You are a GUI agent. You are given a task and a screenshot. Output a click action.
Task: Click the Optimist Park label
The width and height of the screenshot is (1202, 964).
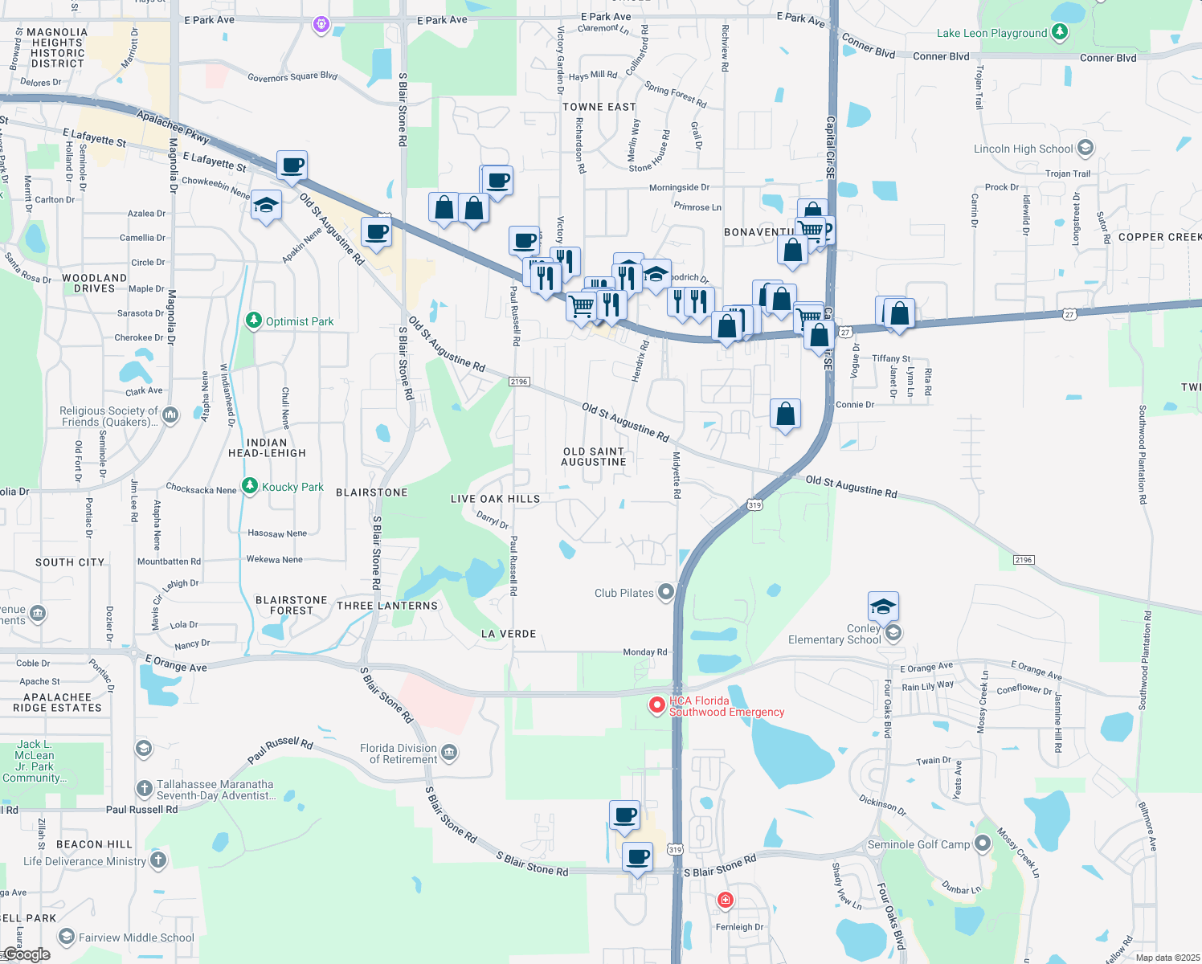click(299, 321)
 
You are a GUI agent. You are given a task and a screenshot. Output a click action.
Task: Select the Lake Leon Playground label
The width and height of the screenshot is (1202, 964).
click(991, 33)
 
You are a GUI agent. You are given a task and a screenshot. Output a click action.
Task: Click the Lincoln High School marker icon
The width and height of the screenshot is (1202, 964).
click(1085, 148)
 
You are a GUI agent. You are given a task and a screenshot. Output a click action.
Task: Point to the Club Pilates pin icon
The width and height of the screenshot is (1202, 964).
click(665, 593)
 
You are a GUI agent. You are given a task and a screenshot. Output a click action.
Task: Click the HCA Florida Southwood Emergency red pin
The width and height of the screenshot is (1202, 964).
click(657, 705)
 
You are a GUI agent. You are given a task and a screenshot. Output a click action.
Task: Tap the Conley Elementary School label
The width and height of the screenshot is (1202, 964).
click(835, 634)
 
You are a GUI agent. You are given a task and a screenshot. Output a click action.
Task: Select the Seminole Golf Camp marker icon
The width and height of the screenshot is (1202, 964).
click(982, 843)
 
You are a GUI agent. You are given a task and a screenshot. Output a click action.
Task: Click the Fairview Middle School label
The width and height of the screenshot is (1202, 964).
click(136, 937)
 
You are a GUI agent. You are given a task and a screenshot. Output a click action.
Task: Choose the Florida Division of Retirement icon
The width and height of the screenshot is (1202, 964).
click(449, 753)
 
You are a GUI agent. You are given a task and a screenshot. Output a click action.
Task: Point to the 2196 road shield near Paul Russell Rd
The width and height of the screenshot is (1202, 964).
click(519, 382)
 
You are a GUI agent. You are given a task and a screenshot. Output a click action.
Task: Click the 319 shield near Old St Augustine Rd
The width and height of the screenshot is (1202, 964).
click(754, 504)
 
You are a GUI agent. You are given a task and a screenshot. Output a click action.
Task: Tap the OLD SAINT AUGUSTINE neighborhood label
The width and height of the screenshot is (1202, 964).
click(594, 456)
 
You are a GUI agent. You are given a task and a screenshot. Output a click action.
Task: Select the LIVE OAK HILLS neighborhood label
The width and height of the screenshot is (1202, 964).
click(495, 499)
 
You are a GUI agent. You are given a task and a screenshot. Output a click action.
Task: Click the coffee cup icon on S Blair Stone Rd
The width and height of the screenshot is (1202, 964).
click(638, 857)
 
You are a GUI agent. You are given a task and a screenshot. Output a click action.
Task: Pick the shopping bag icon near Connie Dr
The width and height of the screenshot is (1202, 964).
click(785, 414)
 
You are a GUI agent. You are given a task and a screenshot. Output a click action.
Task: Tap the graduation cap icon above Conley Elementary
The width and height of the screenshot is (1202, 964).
click(883, 607)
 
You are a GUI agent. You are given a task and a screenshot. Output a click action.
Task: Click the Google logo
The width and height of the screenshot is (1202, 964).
click(27, 954)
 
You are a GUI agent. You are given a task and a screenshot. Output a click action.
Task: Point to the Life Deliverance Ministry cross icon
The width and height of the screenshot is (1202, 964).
click(158, 860)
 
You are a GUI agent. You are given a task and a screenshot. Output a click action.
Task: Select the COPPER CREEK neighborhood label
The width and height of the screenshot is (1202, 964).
click(1159, 237)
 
